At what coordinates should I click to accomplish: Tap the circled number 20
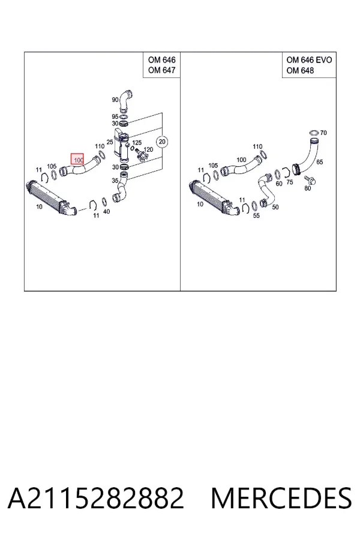pos(162,142)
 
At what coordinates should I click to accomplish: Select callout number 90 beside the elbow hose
pos(115,100)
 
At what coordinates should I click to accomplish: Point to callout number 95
pos(115,117)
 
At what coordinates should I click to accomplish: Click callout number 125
pos(137,143)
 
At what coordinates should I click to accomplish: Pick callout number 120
pos(148,149)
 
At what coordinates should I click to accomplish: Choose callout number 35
pos(115,180)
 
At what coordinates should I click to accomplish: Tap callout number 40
pos(106,211)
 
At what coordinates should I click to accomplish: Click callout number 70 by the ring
pos(323,133)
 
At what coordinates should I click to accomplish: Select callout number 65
pos(319,162)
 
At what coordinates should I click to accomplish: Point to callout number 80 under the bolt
pos(308,188)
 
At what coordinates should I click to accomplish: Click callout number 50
pos(275,207)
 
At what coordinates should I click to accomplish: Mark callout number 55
pos(256,215)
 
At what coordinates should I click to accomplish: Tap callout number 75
pos(290,182)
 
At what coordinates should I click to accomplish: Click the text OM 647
pos(162,70)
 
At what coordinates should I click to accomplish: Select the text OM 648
pos(300,70)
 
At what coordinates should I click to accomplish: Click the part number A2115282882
pos(96,498)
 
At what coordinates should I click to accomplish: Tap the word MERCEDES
pos(281,498)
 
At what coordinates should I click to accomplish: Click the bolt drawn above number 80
pos(310,180)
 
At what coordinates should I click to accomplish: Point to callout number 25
pos(110,142)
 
